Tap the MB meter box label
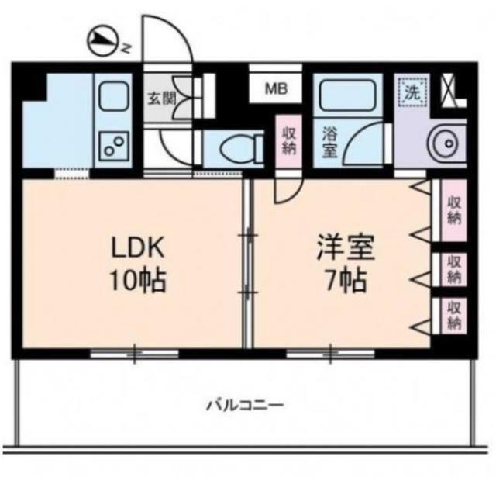coord(276,89)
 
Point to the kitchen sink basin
coord(114,96)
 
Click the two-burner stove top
coord(114,147)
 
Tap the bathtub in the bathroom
coord(347,95)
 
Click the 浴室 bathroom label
coord(329,142)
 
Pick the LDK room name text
coord(137,247)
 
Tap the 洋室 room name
coord(346,247)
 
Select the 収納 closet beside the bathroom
coord(289,141)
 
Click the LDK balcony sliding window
coord(134,353)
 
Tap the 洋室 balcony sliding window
coord(330,353)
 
